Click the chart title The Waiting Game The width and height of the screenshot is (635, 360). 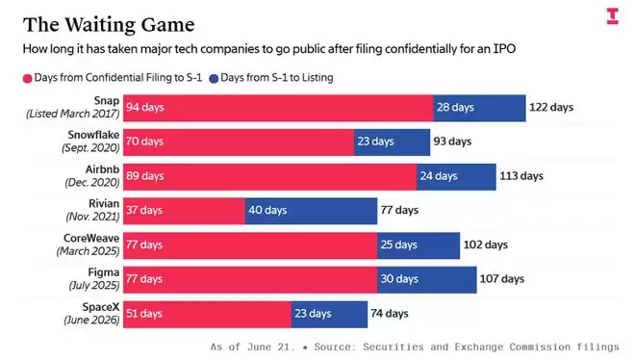pyautogui.click(x=109, y=25)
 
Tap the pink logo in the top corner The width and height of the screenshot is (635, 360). pyautogui.click(x=612, y=16)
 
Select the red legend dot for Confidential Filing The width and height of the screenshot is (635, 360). pyautogui.click(x=27, y=79)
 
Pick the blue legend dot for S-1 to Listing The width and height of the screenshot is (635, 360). pyautogui.click(x=214, y=79)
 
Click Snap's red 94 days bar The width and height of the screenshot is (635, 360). pyautogui.click(x=278, y=108)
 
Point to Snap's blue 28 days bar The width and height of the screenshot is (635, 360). pyautogui.click(x=479, y=108)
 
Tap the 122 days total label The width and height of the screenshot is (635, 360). pyautogui.click(x=551, y=107)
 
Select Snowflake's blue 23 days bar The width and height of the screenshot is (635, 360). pyautogui.click(x=392, y=142)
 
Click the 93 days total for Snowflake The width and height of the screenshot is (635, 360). pyautogui.click(x=452, y=141)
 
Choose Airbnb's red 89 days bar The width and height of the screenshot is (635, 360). pyautogui.click(x=270, y=177)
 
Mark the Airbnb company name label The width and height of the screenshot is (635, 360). pyautogui.click(x=102, y=169)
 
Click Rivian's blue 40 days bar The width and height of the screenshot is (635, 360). pyautogui.click(x=311, y=211)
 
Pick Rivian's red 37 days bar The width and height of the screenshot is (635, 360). pyautogui.click(x=185, y=211)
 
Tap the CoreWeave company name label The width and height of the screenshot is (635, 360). pyautogui.click(x=91, y=238)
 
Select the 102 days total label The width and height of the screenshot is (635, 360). pyautogui.click(x=485, y=244)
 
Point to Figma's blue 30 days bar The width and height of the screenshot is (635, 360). pyautogui.click(x=427, y=280)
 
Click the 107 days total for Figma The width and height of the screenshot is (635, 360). pyautogui.click(x=502, y=279)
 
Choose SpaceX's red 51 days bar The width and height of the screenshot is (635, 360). pyautogui.click(x=208, y=314)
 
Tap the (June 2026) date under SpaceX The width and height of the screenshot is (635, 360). pyautogui.click(x=91, y=320)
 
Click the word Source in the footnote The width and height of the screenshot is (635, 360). pyautogui.click(x=331, y=347)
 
